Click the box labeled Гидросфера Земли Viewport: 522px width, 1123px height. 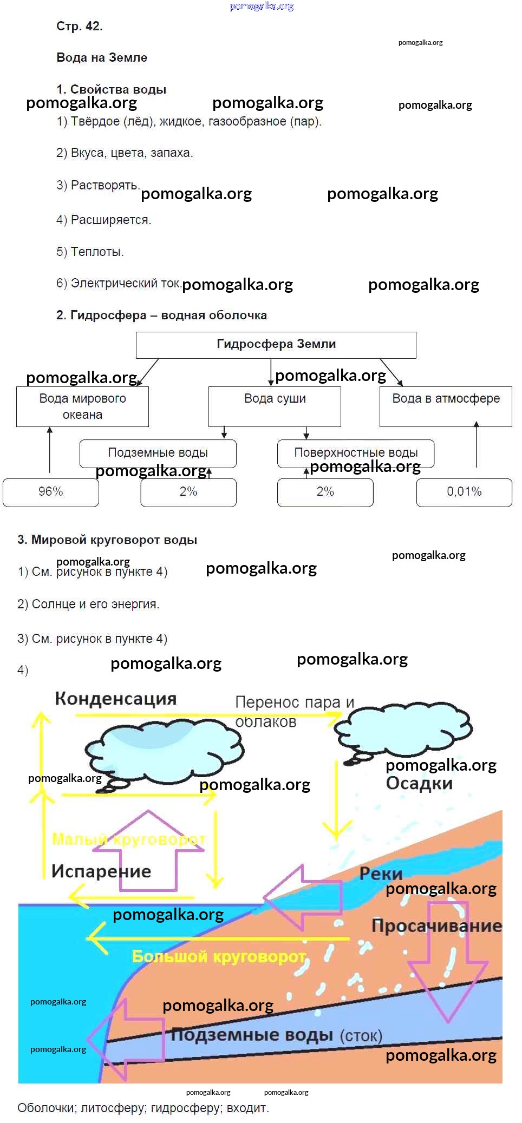(276, 345)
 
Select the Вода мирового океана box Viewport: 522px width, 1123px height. (82, 406)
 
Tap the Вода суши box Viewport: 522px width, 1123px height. (275, 406)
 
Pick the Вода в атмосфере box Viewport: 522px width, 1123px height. (446, 406)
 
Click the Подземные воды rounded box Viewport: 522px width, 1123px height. (158, 453)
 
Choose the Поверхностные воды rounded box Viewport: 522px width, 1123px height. (356, 453)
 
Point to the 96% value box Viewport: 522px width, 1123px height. (51, 492)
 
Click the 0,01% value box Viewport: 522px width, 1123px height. (464, 492)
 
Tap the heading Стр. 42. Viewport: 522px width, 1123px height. (79, 26)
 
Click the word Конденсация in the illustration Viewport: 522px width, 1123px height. (116, 699)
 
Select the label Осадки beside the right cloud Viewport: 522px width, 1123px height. (419, 783)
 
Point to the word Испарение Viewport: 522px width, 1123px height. (101, 871)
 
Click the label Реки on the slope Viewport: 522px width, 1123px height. (381, 874)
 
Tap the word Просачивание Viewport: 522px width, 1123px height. (436, 925)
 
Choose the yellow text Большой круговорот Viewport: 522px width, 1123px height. (219, 956)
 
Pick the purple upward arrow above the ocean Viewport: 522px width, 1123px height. (148, 852)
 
